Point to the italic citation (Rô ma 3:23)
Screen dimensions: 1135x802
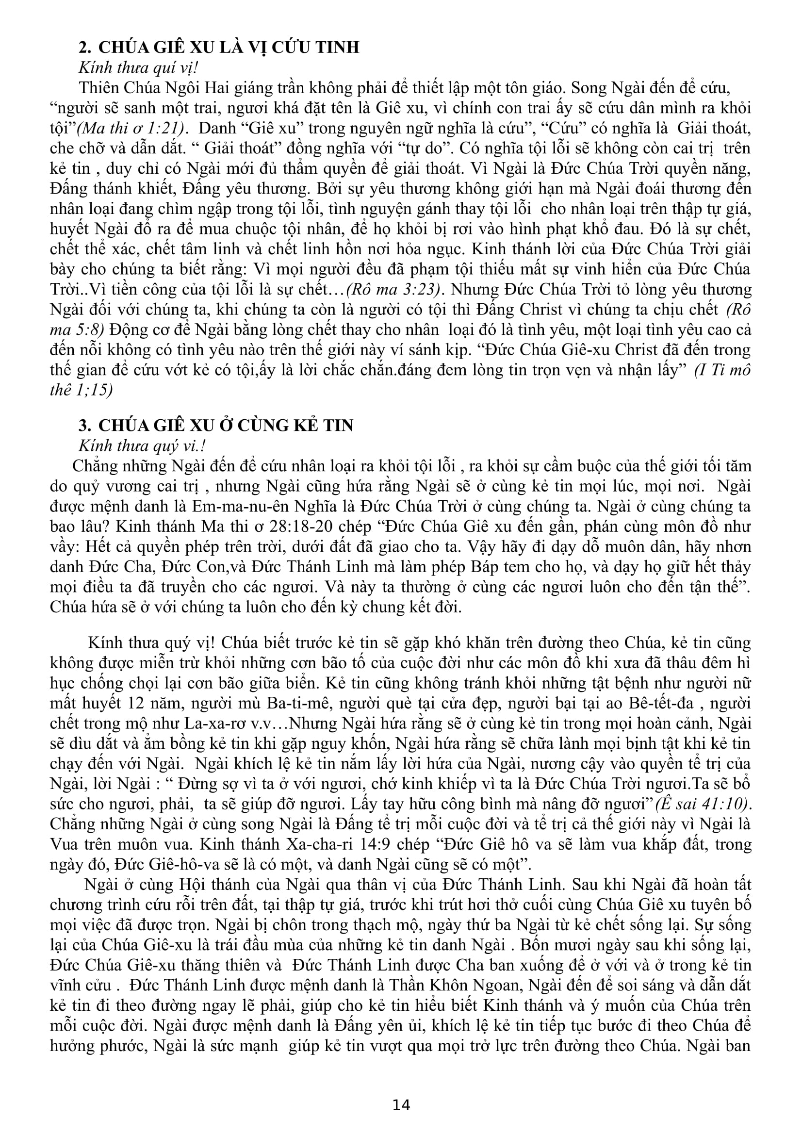coord(393,289)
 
